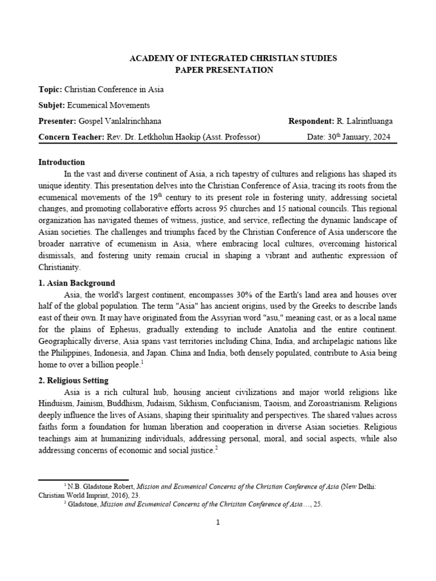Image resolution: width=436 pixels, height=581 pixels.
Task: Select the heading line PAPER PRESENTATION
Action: click(218, 70)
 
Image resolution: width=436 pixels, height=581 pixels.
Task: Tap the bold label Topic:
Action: click(50, 90)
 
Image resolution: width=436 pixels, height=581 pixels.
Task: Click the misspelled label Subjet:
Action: click(52, 106)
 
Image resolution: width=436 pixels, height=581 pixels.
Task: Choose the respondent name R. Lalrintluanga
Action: click(364, 121)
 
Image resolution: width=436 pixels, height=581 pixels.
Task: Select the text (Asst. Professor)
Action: click(228, 137)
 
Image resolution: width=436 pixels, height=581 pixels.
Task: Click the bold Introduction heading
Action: click(61, 162)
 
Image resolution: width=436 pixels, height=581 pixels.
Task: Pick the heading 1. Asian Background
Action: click(77, 283)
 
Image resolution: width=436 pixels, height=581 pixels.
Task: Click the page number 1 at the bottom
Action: click(218, 523)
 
